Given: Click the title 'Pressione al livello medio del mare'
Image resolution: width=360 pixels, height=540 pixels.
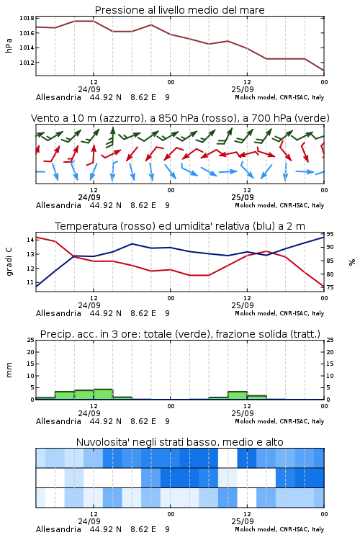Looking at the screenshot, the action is pyautogui.click(x=179, y=10).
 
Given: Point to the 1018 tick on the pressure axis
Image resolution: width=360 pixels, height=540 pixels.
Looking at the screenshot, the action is pyautogui.click(x=27, y=18).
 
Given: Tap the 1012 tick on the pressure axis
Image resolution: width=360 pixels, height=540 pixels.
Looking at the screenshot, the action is pyautogui.click(x=27, y=63).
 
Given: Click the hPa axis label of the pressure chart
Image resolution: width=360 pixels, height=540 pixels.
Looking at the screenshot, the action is pyautogui.click(x=9, y=45).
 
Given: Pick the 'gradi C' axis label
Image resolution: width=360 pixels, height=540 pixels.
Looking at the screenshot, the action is pyautogui.click(x=9, y=262).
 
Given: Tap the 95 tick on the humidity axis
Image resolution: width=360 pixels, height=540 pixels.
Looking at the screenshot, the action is pyautogui.click(x=330, y=234).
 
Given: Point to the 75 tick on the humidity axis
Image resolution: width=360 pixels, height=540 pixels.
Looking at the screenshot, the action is pyautogui.click(x=330, y=287).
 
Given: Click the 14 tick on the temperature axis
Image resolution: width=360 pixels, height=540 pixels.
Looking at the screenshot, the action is pyautogui.click(x=30, y=240).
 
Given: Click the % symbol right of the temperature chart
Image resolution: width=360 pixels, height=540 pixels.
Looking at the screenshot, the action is pyautogui.click(x=352, y=262).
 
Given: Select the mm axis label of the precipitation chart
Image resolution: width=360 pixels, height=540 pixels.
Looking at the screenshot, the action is pyautogui.click(x=9, y=369).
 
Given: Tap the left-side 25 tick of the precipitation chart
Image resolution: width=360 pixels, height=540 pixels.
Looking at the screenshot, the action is pyautogui.click(x=30, y=340).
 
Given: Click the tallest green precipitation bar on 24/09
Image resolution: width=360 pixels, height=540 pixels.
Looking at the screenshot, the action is pyautogui.click(x=103, y=395).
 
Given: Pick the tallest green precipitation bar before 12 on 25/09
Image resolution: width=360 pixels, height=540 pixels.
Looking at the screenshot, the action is pyautogui.click(x=238, y=395).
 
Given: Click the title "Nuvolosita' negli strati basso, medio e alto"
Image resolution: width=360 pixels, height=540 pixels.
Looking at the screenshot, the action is pyautogui.click(x=179, y=442).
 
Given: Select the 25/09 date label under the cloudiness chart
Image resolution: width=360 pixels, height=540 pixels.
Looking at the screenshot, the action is pyautogui.click(x=243, y=521).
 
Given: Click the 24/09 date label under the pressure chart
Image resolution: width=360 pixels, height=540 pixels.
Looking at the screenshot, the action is pyautogui.click(x=89, y=89).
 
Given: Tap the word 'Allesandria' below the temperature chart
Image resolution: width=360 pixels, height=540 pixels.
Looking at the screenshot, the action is pyautogui.click(x=58, y=313).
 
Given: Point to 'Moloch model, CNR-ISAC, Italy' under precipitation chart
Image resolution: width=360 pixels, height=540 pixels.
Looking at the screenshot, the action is pyautogui.click(x=279, y=421).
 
